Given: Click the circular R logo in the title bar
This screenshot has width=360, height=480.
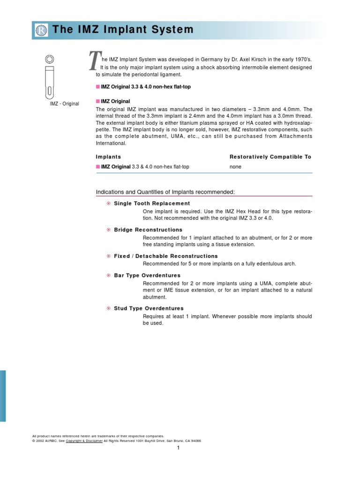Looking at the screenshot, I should (41, 30).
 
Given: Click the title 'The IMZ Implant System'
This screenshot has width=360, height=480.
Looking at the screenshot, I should (123, 30).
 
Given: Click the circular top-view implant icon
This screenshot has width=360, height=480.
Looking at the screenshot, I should (49, 60).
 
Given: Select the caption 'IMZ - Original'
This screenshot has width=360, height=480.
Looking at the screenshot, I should (65, 104).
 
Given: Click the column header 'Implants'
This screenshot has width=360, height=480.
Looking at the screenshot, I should (108, 157).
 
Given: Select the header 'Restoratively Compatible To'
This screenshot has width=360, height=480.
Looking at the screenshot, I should (270, 157).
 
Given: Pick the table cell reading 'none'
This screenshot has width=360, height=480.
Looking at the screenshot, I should (235, 167).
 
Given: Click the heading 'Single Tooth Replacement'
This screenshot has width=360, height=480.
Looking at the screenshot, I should (152, 203).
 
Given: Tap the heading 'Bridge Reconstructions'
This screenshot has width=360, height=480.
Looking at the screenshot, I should (148, 230).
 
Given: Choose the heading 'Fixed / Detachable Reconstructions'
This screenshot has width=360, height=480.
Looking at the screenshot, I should (166, 256).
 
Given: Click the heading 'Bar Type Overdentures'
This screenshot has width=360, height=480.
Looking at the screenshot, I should (147, 275).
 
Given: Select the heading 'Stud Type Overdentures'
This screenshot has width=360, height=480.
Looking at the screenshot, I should (149, 308).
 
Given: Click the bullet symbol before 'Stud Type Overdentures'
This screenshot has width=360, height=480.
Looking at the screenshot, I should (108, 308).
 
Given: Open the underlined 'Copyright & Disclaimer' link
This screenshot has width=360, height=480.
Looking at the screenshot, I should (84, 441).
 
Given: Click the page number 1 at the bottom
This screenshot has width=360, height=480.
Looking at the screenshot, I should (179, 448).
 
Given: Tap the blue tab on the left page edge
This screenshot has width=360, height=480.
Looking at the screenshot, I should (3, 396).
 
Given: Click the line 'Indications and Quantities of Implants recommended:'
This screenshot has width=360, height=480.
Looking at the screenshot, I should (165, 192).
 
